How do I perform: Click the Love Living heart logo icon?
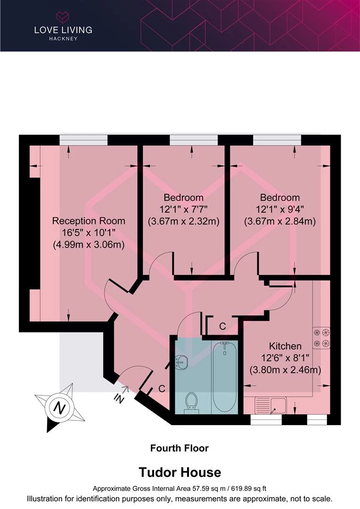tap(63, 17)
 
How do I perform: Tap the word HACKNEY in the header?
tap(63, 39)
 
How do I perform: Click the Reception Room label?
tap(89, 221)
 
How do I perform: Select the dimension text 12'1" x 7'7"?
tap(183, 209)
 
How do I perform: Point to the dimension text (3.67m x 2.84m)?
tap(279, 221)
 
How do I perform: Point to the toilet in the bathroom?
tap(191, 402)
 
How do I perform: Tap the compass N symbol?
tap(58, 407)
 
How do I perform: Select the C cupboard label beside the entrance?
tap(161, 389)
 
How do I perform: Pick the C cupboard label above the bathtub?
tap(222, 326)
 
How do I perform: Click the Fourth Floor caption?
tap(179, 448)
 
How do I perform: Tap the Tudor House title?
tap(179, 472)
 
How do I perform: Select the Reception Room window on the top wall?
tap(83, 140)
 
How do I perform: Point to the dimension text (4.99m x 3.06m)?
tap(89, 244)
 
